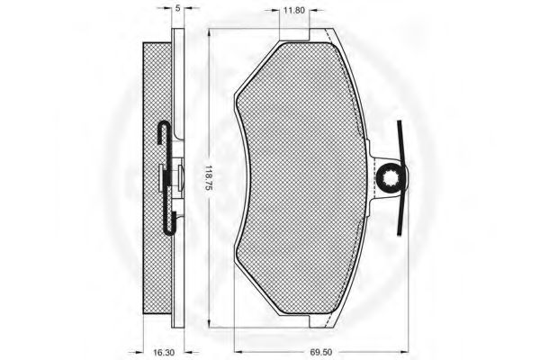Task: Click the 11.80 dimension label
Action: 293,10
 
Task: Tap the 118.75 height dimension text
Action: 209,178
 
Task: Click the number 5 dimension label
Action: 177,8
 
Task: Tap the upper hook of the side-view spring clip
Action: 163,132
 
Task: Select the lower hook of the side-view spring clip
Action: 170,223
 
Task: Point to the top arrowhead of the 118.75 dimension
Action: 209,32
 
